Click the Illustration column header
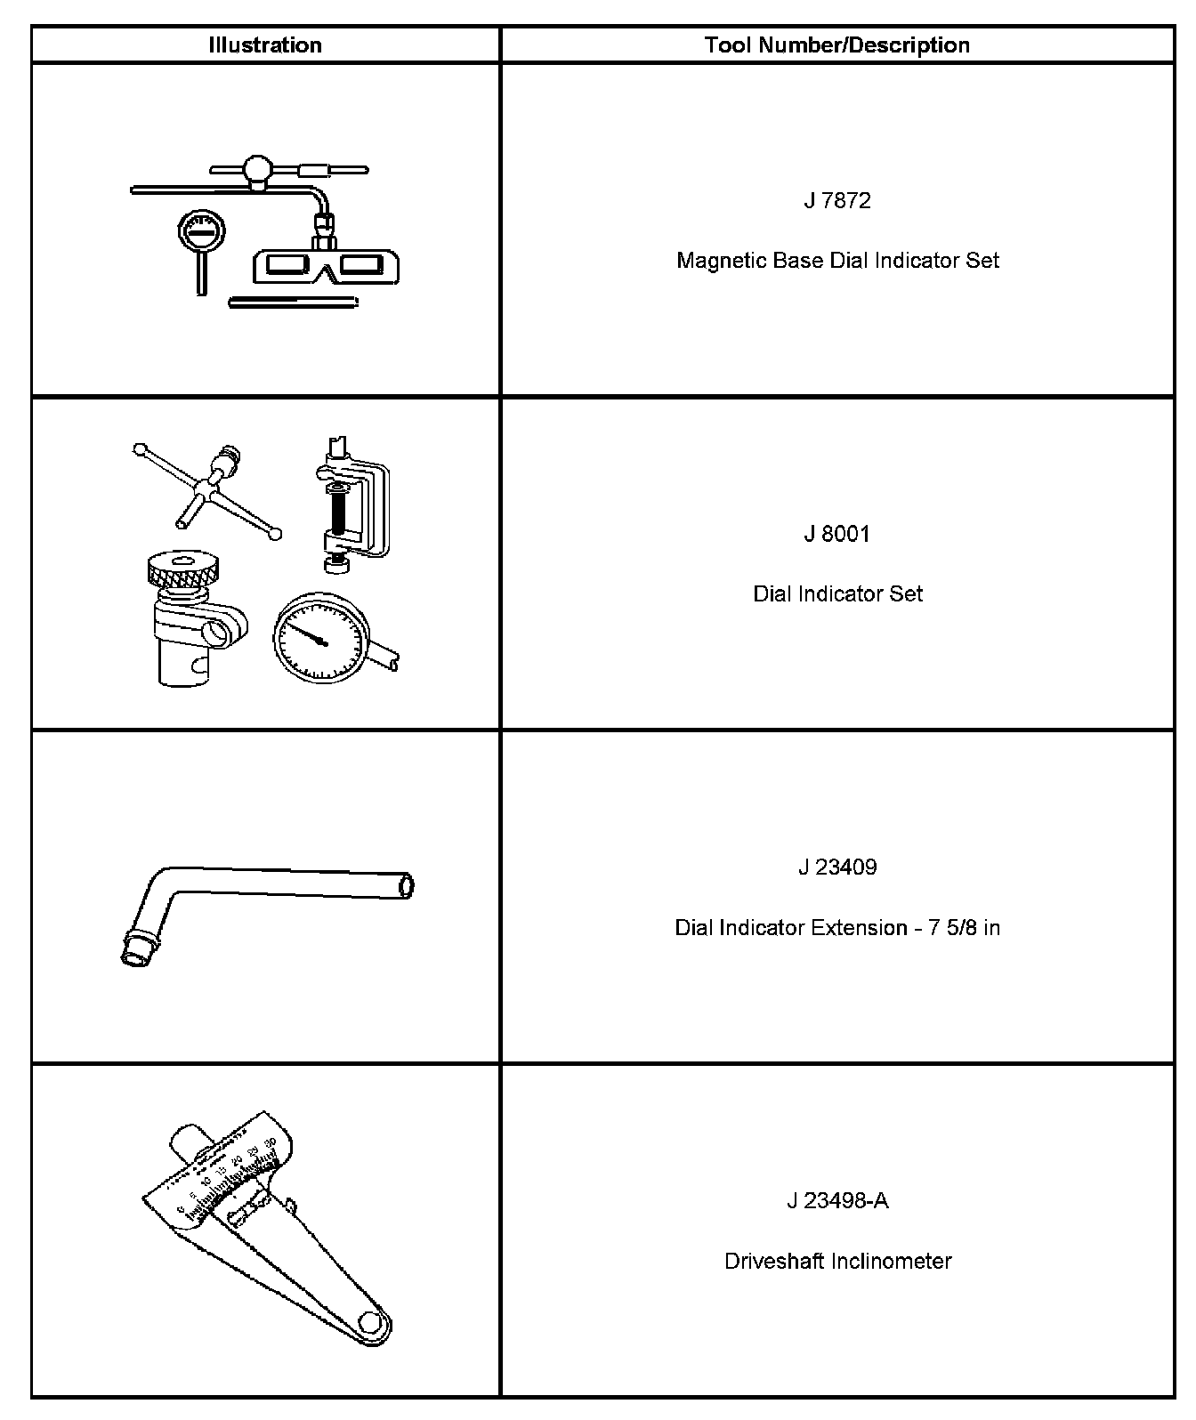pos(265,45)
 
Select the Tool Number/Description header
pos(836,45)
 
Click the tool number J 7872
pos(836,201)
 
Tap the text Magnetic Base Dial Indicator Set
pos(837,262)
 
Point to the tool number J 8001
pos(836,535)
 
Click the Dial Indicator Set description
pos(837,594)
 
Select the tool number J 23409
pos(836,867)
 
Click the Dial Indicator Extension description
pos(837,928)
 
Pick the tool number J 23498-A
pos(836,1201)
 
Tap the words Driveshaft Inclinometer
pos(837,1262)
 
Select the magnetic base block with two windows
pos(326,265)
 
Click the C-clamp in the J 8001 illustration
pos(356,507)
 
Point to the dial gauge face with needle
pos(320,639)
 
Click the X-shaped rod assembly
pos(209,489)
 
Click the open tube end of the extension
pos(406,886)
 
